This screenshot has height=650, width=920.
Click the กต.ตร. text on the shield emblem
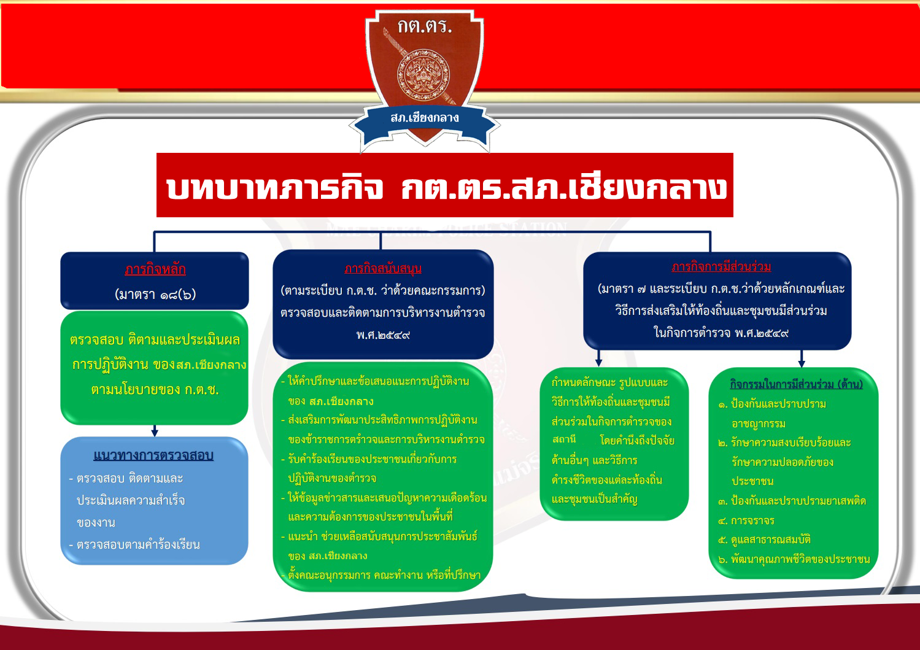click(424, 26)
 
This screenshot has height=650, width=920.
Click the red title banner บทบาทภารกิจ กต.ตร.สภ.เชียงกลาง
click(445, 186)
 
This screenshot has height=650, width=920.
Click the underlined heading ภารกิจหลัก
click(155, 269)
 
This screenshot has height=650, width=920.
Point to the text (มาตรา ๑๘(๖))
click(155, 294)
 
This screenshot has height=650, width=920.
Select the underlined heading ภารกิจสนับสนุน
click(383, 269)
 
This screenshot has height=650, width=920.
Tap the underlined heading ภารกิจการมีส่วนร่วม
click(721, 266)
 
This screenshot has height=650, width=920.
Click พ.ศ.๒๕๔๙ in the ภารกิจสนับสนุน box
click(383, 335)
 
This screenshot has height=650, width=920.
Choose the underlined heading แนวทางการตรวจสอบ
click(153, 455)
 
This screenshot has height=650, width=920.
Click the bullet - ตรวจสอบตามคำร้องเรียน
click(134, 544)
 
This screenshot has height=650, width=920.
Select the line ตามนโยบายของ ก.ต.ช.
click(155, 390)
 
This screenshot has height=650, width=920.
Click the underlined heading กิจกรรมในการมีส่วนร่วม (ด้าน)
click(796, 384)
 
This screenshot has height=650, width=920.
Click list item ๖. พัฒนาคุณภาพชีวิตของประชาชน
click(794, 559)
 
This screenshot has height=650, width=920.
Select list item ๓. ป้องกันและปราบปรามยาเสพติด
click(792, 501)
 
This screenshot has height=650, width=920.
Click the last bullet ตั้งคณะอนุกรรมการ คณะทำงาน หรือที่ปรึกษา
click(382, 575)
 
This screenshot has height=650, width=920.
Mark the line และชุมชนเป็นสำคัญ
click(594, 499)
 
